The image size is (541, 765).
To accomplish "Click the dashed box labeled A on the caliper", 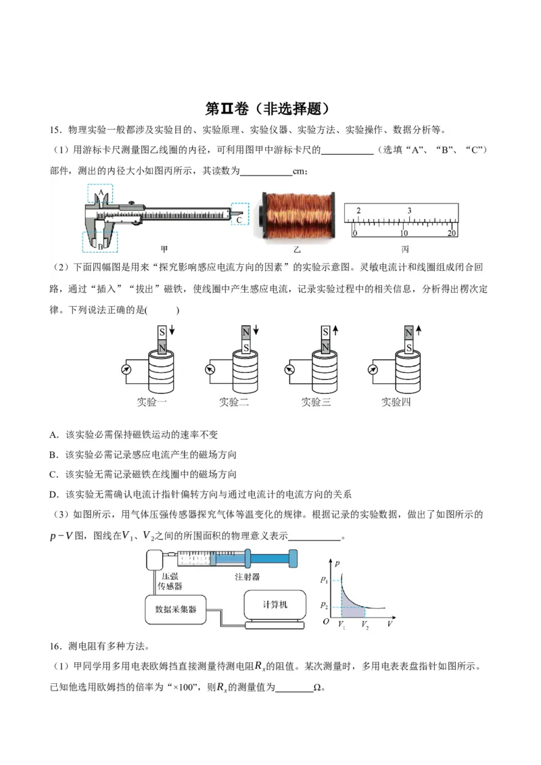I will (100, 194).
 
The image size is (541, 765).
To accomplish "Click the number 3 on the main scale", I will (409, 211).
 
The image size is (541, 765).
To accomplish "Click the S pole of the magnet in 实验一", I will (162, 332).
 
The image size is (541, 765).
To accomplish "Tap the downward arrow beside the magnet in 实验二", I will (256, 330).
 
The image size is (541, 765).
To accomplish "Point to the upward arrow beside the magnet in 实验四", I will (419, 330).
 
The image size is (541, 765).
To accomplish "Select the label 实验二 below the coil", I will (234, 401).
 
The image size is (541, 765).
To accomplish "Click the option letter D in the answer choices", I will (53, 494).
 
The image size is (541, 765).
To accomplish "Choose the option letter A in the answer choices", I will (53, 435).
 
